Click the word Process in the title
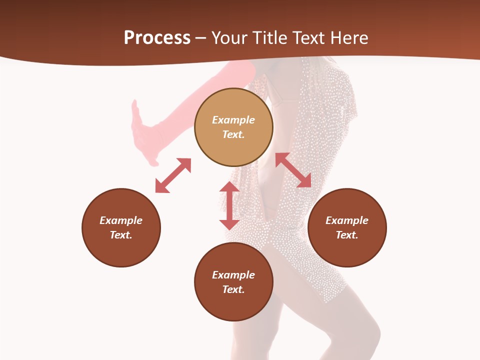(157, 38)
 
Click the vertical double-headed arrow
(229, 205)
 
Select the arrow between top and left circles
(173, 175)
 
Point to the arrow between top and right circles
(293, 170)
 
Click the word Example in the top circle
(233, 120)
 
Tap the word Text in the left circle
(121, 235)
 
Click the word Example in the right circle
(347, 220)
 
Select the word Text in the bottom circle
(233, 289)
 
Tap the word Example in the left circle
(121, 220)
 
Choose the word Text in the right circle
(347, 235)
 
